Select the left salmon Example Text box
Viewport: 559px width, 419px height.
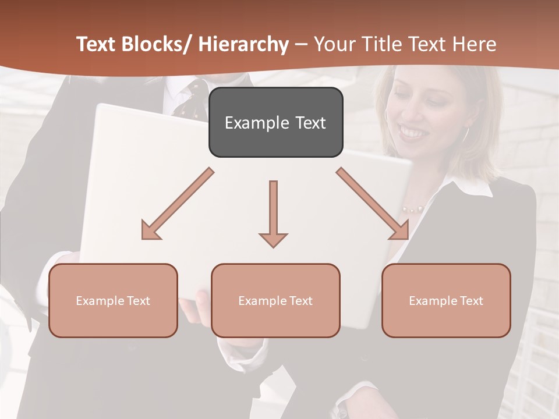[x=113, y=300]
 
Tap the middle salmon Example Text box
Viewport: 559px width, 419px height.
[x=275, y=300]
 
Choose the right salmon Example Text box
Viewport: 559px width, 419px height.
[x=446, y=300]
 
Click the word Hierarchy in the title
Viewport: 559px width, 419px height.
[x=243, y=44]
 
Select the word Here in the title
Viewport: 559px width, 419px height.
[x=476, y=44]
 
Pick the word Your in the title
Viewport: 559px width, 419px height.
[x=332, y=44]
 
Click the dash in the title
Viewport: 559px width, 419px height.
[x=301, y=44]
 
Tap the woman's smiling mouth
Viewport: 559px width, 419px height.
[x=414, y=133]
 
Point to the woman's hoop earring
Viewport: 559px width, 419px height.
[x=465, y=134]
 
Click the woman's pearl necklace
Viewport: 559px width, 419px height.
[x=412, y=209]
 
